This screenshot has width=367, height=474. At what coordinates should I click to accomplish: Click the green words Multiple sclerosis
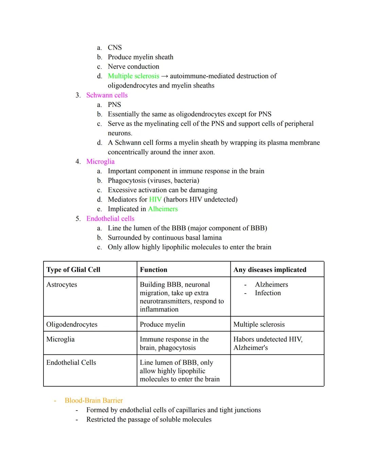(133, 76)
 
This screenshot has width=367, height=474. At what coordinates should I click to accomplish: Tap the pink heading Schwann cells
(107, 95)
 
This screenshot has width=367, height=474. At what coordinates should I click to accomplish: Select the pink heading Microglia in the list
(100, 162)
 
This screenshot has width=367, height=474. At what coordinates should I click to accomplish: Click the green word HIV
(155, 200)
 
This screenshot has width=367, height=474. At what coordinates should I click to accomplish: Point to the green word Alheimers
(163, 209)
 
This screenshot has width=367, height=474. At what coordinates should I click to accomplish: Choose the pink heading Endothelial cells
(110, 219)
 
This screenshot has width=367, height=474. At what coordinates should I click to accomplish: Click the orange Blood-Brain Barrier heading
(93, 400)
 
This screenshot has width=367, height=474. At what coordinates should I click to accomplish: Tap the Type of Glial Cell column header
(73, 270)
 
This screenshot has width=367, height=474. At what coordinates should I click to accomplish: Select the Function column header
(154, 270)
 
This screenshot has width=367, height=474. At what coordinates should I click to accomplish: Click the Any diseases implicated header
(270, 270)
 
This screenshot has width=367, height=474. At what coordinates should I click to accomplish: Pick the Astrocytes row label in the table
(62, 285)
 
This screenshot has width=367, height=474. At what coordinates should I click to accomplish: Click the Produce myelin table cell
(162, 324)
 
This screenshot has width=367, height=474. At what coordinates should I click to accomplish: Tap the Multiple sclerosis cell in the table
(259, 324)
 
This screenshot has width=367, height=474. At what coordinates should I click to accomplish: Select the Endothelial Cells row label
(71, 363)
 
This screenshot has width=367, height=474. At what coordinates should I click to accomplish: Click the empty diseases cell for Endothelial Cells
(277, 371)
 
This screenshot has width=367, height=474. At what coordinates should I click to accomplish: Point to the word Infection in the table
(268, 293)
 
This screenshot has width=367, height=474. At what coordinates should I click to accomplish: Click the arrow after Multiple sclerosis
(164, 76)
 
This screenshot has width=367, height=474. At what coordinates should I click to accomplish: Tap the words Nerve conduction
(133, 67)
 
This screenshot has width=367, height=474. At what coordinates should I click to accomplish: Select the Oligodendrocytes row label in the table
(72, 324)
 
